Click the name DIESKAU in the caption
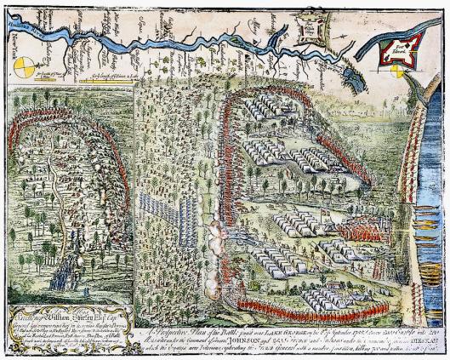425,323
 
